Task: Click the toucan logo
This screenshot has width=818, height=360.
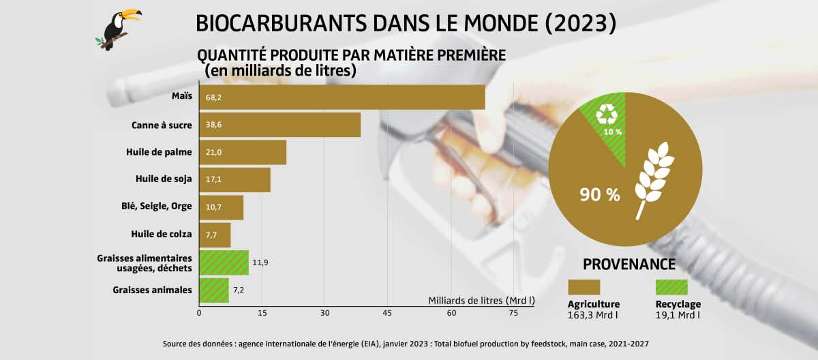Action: [x=119, y=29]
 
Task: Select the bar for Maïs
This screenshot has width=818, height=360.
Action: [x=342, y=97]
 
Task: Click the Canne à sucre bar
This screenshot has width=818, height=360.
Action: [x=279, y=125]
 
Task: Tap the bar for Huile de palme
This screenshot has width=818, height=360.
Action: [x=242, y=152]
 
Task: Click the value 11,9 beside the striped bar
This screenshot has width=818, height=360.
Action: [x=260, y=262]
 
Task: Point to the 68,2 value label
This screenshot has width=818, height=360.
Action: [x=213, y=97]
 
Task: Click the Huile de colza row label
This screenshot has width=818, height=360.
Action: [x=162, y=235]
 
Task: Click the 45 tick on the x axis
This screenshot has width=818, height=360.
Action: [x=388, y=313]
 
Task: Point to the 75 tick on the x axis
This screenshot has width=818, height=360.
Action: [x=513, y=313]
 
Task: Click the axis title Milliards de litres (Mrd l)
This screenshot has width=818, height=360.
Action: [x=481, y=300]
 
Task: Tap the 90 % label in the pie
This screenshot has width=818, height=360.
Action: [x=600, y=195]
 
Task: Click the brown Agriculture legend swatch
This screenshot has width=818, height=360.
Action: [x=584, y=286]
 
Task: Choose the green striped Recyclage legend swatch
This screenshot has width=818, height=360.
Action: [x=671, y=286]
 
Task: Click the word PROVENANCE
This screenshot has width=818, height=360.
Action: [x=628, y=265]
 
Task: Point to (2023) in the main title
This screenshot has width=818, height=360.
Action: [x=581, y=22]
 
